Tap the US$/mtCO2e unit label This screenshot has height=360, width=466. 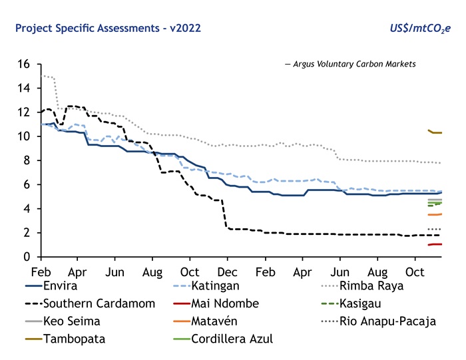click(x=421, y=29)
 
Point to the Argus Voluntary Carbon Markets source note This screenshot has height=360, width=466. click(x=350, y=64)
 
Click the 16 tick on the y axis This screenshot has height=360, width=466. click(x=25, y=64)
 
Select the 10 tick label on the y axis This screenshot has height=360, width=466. click(x=25, y=136)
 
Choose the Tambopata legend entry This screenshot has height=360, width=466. click(x=73, y=339)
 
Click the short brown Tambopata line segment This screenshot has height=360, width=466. click(x=436, y=132)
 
